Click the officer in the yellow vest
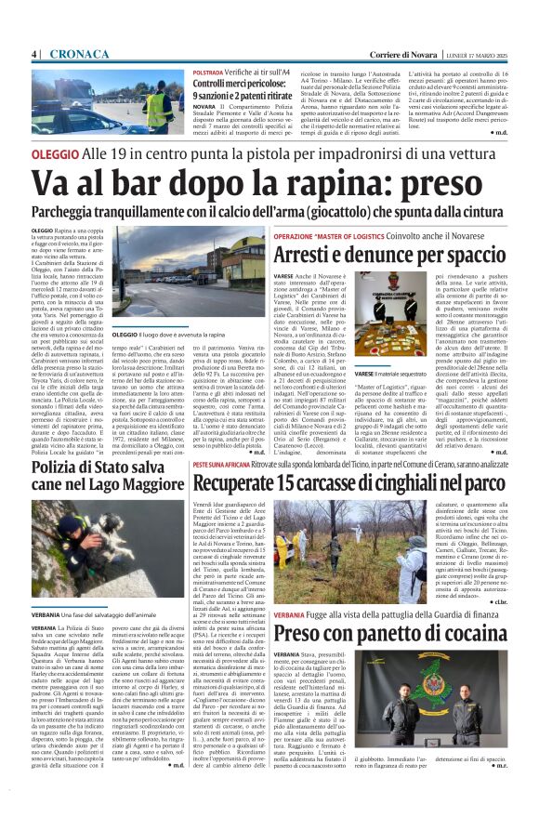[x=156, y=108]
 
